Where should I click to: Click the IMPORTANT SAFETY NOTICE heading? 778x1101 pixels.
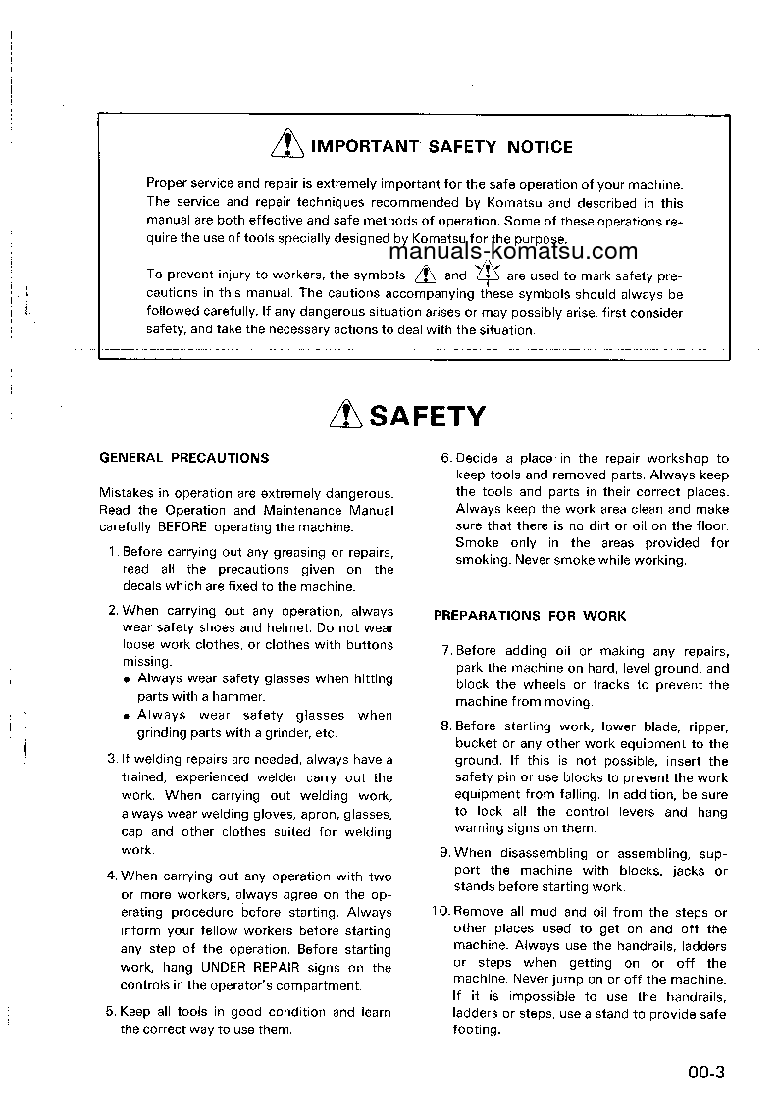pyautogui.click(x=441, y=147)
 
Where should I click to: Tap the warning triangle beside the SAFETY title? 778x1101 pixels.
pyautogui.click(x=347, y=417)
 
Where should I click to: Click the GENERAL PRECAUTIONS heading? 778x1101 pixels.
pyautogui.click(x=184, y=458)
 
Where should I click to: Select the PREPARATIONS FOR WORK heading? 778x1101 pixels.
pyautogui.click(x=530, y=616)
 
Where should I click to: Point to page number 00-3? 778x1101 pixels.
pyautogui.click(x=705, y=1072)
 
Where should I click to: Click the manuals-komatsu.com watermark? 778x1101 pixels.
pyautogui.click(x=520, y=252)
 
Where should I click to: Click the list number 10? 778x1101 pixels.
pyautogui.click(x=440, y=912)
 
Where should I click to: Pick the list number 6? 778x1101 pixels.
pyautogui.click(x=444, y=458)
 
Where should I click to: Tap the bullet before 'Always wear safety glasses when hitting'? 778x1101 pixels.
pyautogui.click(x=128, y=678)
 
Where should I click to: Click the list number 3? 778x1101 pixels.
pyautogui.click(x=111, y=759)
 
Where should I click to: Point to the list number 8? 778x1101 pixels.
pyautogui.click(x=444, y=726)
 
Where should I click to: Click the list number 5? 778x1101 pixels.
pyautogui.click(x=111, y=1012)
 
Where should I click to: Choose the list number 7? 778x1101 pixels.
pyautogui.click(x=444, y=651)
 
